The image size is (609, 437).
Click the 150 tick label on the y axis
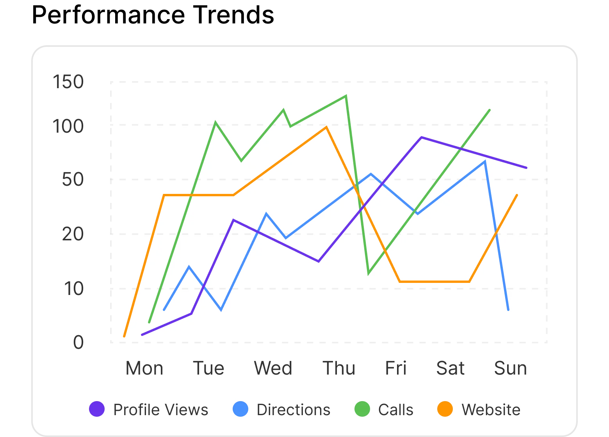pos(68,82)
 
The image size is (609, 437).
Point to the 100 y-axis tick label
pos(68,126)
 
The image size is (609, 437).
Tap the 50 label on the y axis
pos(73,179)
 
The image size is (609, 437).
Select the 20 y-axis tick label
pos(73,234)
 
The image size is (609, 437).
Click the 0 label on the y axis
pos(78,343)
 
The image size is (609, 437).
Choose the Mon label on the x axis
pos(144,368)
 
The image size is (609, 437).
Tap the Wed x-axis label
pos(273,368)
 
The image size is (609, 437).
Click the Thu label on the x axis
pos(338,368)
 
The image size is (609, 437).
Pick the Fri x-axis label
pos(395,368)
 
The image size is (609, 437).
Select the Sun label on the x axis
pos(510,368)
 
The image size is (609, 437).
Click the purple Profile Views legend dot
pos(97,409)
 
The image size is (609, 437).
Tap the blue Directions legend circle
pos(240,409)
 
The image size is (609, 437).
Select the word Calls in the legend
pos(395,410)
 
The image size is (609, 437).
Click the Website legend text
pos(491,410)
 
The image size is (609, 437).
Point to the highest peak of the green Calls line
pos(346,96)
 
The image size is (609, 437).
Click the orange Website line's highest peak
pos(326,127)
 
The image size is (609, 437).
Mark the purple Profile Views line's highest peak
pos(421,137)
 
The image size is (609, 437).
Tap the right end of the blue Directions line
pos(508,309)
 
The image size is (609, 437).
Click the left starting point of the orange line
pos(124,336)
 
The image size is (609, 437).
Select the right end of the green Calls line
pos(489,110)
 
